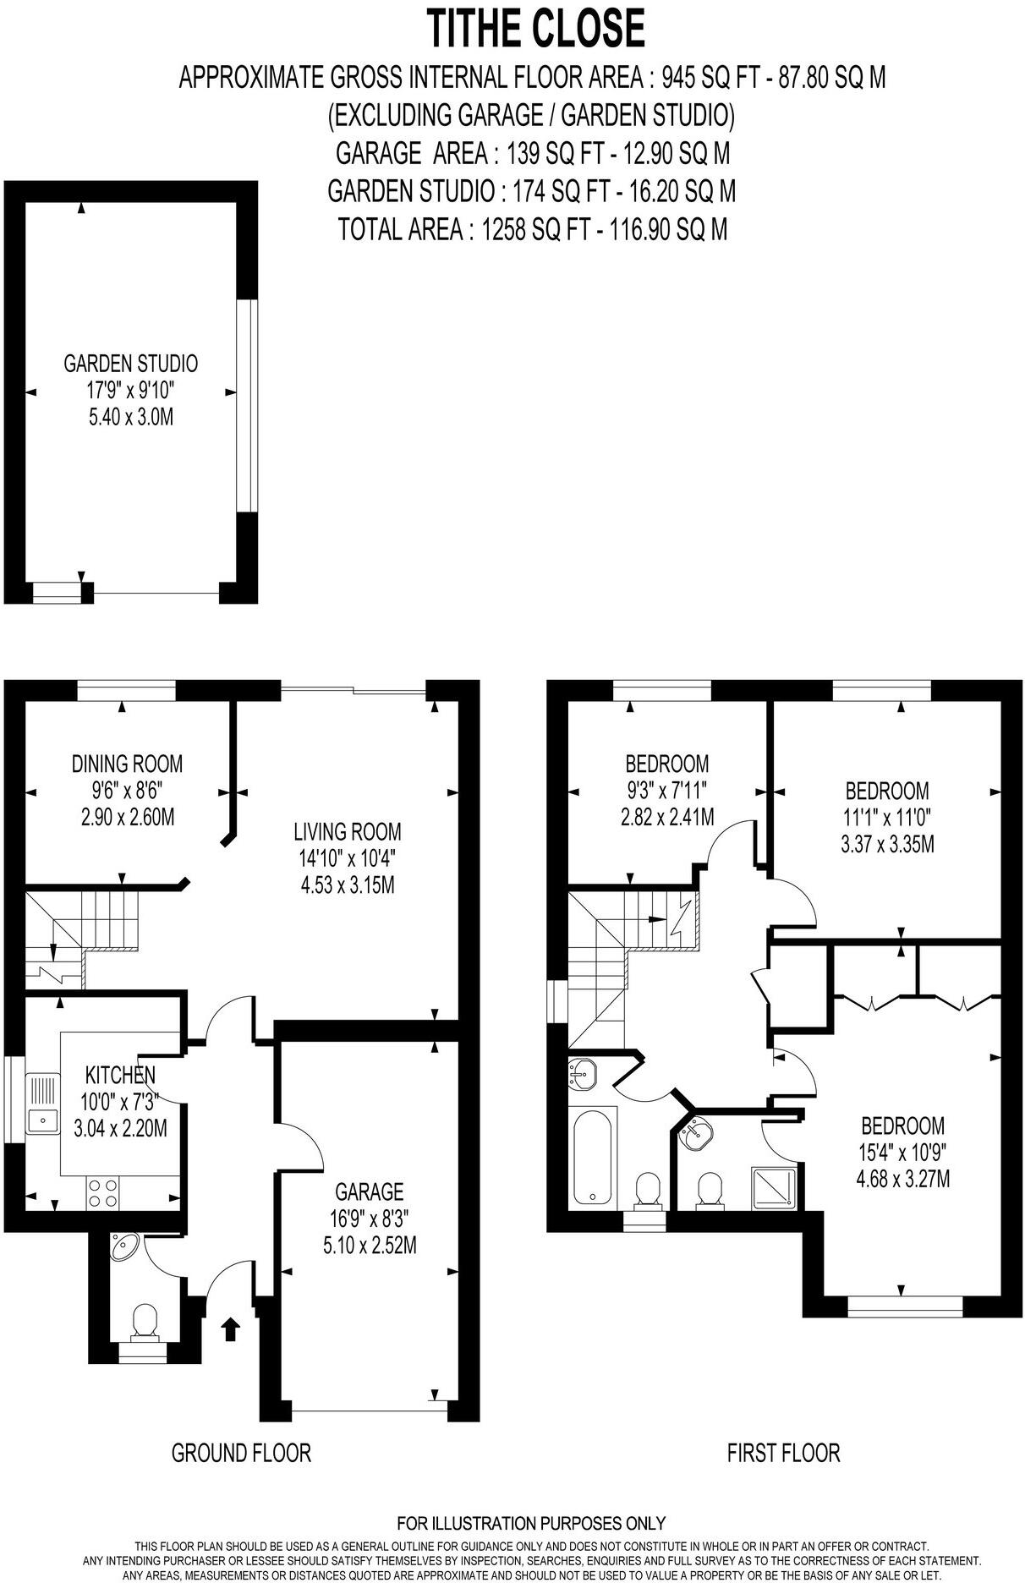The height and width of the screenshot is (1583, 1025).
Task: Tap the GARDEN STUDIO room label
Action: tap(131, 364)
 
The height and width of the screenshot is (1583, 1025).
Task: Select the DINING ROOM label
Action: tap(127, 764)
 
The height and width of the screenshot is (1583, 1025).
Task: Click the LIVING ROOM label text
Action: tap(347, 831)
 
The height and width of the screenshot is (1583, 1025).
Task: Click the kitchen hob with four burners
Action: tap(103, 1192)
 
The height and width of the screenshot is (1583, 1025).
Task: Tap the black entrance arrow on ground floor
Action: tap(229, 1329)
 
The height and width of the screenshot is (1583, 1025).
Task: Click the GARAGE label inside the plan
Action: tap(369, 1191)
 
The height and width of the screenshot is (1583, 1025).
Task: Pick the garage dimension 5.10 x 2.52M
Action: tap(369, 1245)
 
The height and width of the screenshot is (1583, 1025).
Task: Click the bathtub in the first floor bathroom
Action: tap(593, 1158)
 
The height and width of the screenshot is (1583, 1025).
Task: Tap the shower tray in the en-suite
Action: tap(775, 1188)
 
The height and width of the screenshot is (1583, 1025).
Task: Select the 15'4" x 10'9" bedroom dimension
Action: tap(903, 1152)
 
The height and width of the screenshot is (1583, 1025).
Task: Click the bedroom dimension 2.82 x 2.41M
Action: tap(666, 818)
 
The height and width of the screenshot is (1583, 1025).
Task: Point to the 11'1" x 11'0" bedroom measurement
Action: tap(887, 818)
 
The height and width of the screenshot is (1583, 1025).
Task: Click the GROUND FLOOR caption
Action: tap(241, 1453)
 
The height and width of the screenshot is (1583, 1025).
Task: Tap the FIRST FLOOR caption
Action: tap(783, 1453)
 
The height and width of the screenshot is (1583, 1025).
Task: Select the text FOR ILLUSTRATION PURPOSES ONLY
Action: tap(531, 1523)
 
